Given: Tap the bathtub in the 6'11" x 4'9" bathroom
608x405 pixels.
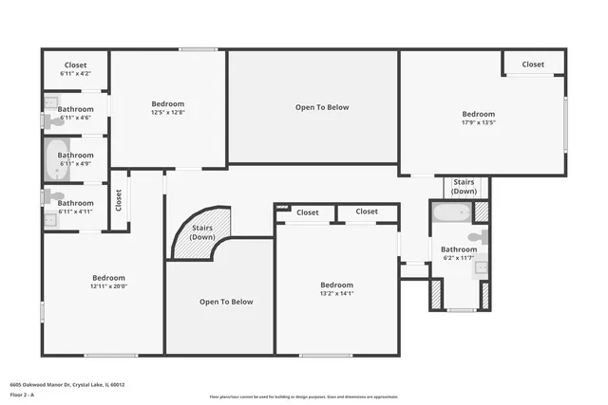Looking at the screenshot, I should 53,160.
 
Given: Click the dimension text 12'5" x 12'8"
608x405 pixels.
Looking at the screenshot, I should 167,113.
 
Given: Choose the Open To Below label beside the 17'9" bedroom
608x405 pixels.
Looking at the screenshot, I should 322,107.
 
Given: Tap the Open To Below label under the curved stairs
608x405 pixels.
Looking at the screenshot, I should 226,302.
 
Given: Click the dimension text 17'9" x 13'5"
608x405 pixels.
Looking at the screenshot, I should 479,121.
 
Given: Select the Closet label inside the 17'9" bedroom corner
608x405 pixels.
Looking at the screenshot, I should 533,64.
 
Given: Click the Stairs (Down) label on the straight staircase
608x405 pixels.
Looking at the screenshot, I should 464,186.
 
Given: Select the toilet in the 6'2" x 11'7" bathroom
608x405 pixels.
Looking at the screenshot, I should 481,237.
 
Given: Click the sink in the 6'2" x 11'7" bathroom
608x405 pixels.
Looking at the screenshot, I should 482,268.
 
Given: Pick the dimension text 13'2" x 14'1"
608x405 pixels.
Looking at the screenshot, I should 336,293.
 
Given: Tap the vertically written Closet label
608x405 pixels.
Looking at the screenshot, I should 119,199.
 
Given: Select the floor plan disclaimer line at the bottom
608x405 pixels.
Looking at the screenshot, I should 303,396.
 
